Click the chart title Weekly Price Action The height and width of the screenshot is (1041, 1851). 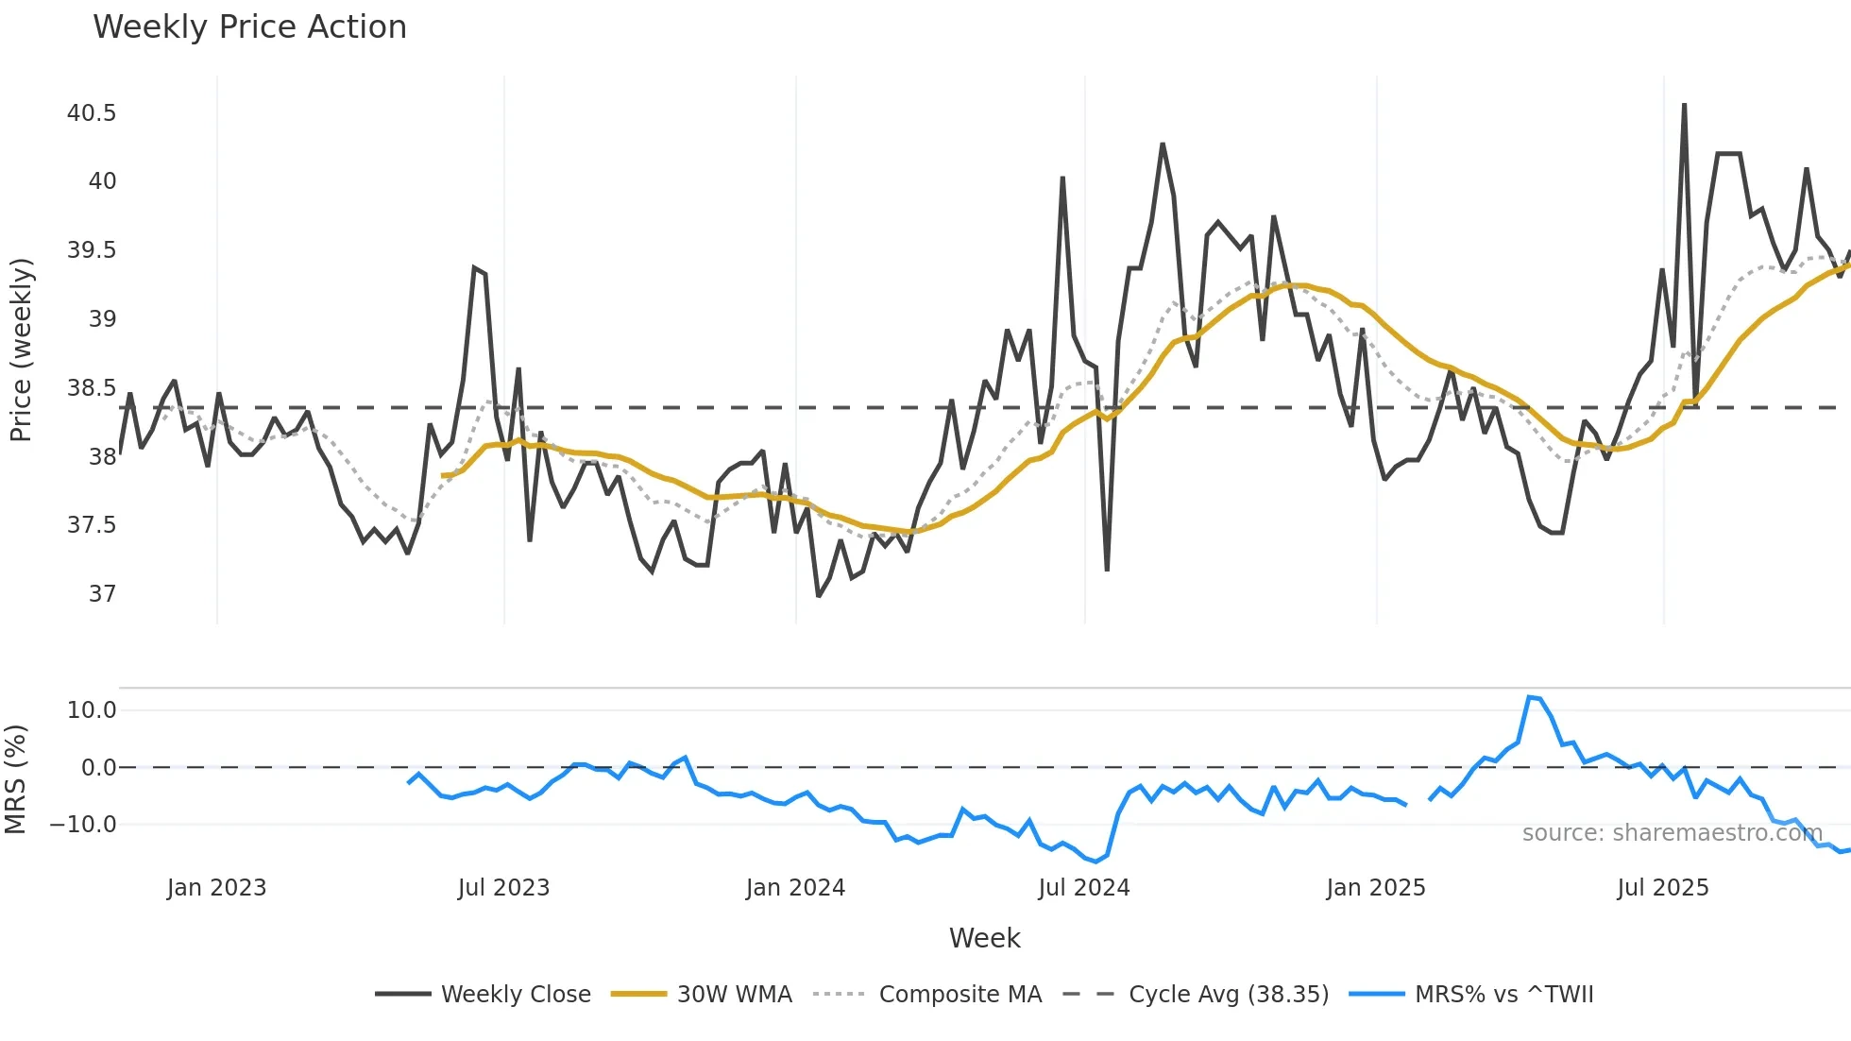[249, 27]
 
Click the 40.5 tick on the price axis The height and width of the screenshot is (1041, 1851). [92, 113]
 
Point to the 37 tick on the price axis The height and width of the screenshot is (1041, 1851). [102, 594]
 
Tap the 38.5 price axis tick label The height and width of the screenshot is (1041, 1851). [92, 388]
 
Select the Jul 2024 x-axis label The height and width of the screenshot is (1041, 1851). [1083, 888]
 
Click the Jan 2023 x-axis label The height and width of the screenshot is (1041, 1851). [216, 888]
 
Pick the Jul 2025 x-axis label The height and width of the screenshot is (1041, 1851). [1662, 888]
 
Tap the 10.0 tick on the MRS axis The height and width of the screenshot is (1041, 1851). [92, 710]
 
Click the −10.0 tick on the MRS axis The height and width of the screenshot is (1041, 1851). [84, 825]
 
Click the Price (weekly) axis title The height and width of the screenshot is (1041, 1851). [21, 350]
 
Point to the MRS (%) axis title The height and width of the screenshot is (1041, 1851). [16, 779]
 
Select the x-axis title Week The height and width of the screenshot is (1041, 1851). [984, 938]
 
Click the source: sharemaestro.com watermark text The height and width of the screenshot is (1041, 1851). [1672, 833]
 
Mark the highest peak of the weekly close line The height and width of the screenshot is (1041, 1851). [1684, 105]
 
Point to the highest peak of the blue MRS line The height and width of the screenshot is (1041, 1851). [1529, 697]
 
